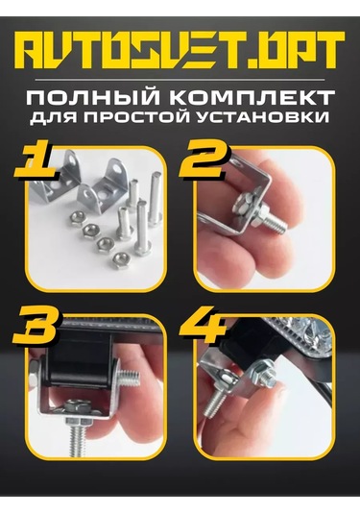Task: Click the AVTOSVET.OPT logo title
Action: pyautogui.click(x=180, y=50)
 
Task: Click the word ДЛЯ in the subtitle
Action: pyautogui.click(x=56, y=118)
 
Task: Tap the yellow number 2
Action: pyautogui.click(x=203, y=158)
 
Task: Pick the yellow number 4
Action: pyautogui.click(x=204, y=325)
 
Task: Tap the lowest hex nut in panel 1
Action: pyautogui.click(x=120, y=261)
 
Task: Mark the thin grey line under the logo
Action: pyautogui.click(x=180, y=80)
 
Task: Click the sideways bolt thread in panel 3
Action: pyautogui.click(x=131, y=378)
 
